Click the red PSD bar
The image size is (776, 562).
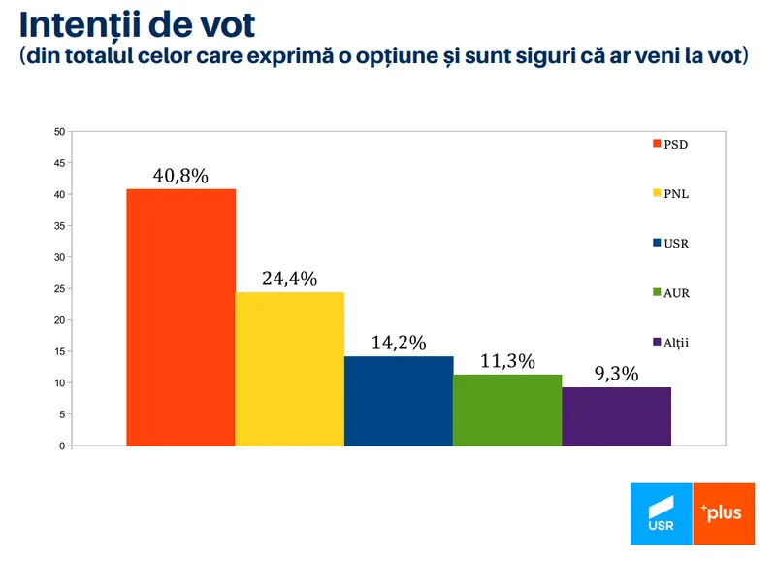[x=180, y=317]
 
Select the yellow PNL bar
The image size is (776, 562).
[x=289, y=369]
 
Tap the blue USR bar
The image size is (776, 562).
[x=399, y=401]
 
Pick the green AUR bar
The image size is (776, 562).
[x=507, y=410]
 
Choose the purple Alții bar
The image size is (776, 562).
[x=616, y=416]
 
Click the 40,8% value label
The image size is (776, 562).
[x=180, y=176]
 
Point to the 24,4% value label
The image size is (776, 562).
[x=289, y=279]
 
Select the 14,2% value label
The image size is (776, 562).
[x=399, y=343]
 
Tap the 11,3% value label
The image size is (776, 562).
[x=507, y=361]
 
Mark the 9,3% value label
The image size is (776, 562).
[x=616, y=374]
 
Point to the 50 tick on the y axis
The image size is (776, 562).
[x=59, y=132]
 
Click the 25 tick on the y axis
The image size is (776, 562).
[x=59, y=289]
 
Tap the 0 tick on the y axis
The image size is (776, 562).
[x=62, y=446]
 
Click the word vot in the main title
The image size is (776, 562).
[x=234, y=24]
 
